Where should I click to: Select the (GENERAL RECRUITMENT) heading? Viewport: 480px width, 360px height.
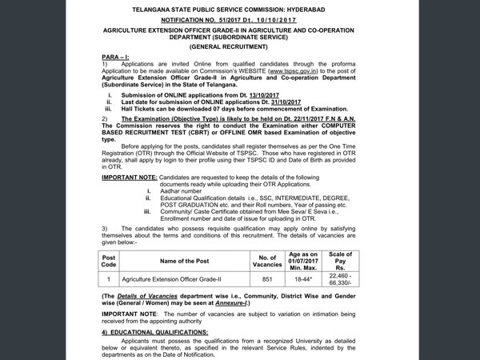click(x=240, y=47)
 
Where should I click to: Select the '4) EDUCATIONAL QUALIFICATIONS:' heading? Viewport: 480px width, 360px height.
click(x=154, y=331)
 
